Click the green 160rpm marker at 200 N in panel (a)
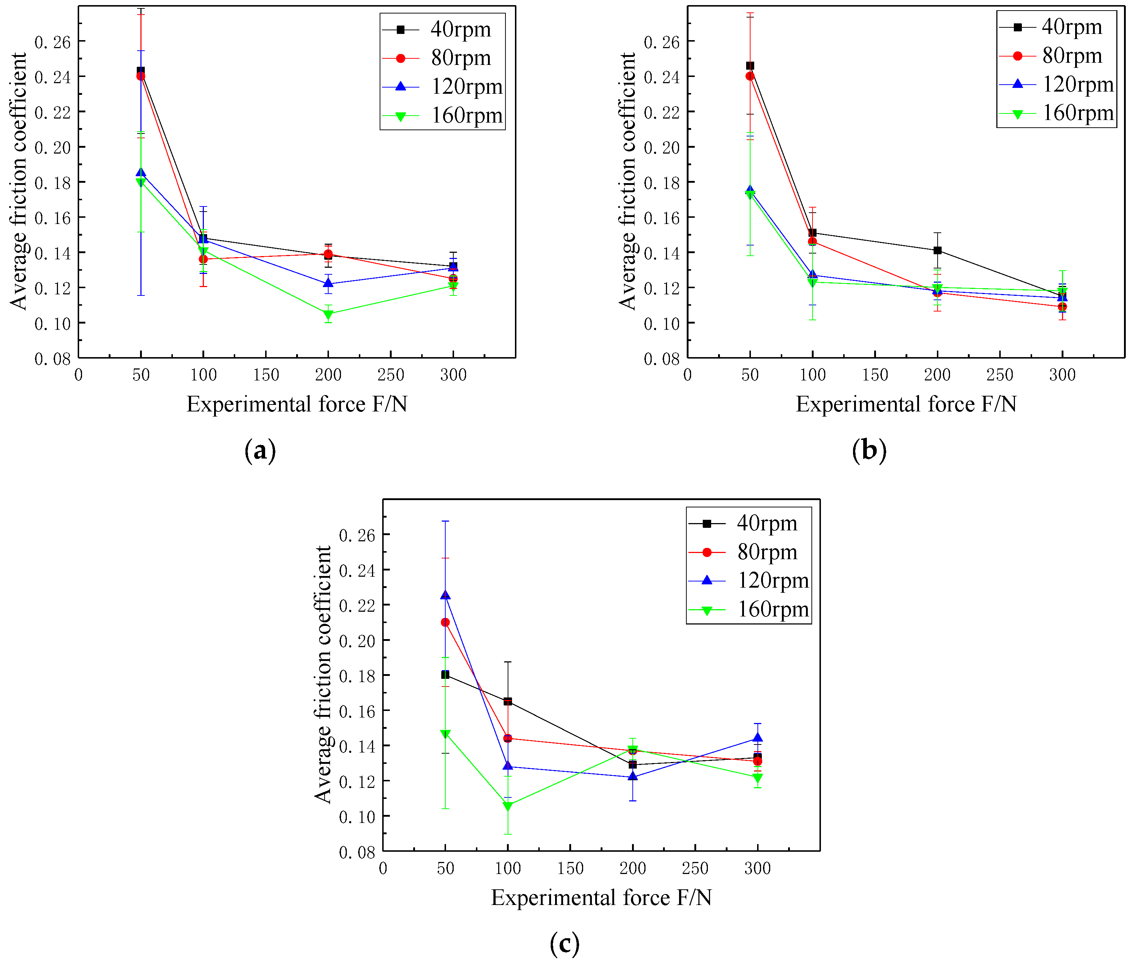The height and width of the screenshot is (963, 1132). (328, 314)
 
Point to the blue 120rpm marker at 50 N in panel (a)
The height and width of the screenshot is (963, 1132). (141, 173)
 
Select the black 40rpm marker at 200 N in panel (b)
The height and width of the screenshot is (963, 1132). (937, 251)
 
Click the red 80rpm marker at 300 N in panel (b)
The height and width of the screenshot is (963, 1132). (1062, 307)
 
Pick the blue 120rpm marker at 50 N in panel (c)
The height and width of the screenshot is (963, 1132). (445, 595)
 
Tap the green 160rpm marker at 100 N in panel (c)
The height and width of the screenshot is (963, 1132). (508, 806)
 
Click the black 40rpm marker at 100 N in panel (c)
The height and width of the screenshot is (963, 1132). (508, 701)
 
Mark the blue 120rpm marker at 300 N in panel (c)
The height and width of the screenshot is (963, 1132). (757, 738)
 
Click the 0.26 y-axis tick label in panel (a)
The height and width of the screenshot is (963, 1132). (53, 42)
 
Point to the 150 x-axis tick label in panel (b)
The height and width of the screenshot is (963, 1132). (875, 375)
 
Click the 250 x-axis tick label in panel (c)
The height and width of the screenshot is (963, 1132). (695, 868)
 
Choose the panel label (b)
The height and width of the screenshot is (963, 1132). (869, 451)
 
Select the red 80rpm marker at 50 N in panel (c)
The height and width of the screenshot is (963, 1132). (445, 622)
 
